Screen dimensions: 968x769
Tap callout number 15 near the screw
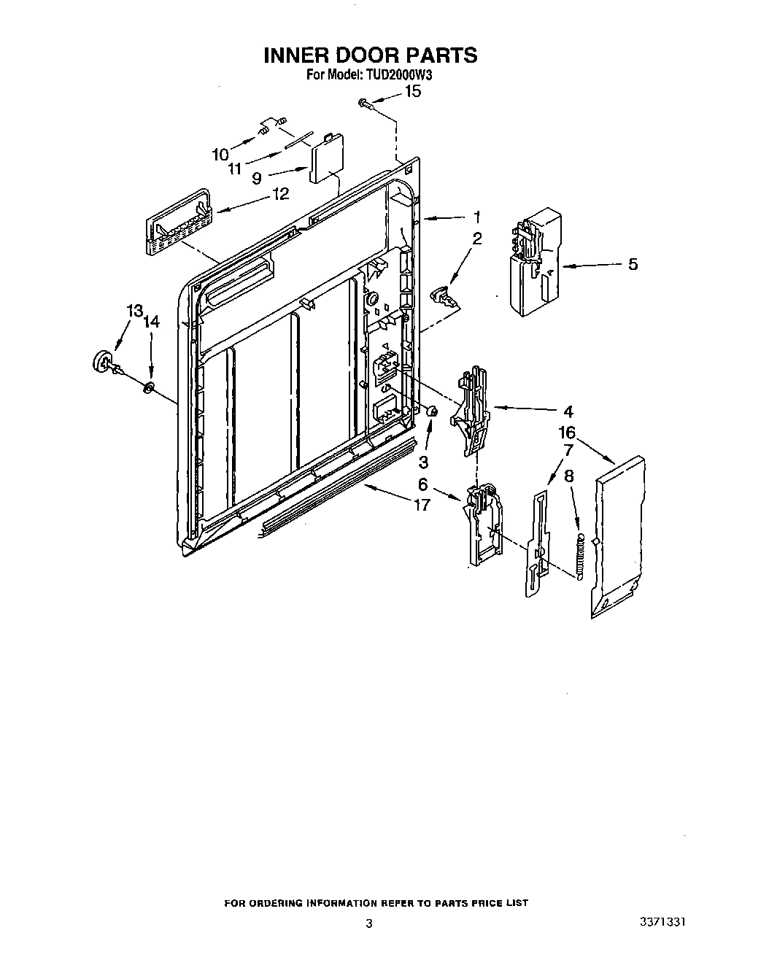click(412, 92)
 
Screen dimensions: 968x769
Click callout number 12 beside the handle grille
click(279, 194)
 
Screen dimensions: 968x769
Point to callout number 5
click(633, 264)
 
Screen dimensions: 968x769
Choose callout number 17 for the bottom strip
click(421, 503)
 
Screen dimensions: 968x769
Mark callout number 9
click(257, 177)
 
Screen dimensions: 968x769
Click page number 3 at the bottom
click(369, 924)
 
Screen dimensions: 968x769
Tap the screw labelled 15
click(365, 106)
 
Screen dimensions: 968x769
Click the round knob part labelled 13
click(102, 360)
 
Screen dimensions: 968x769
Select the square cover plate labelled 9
click(326, 158)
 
